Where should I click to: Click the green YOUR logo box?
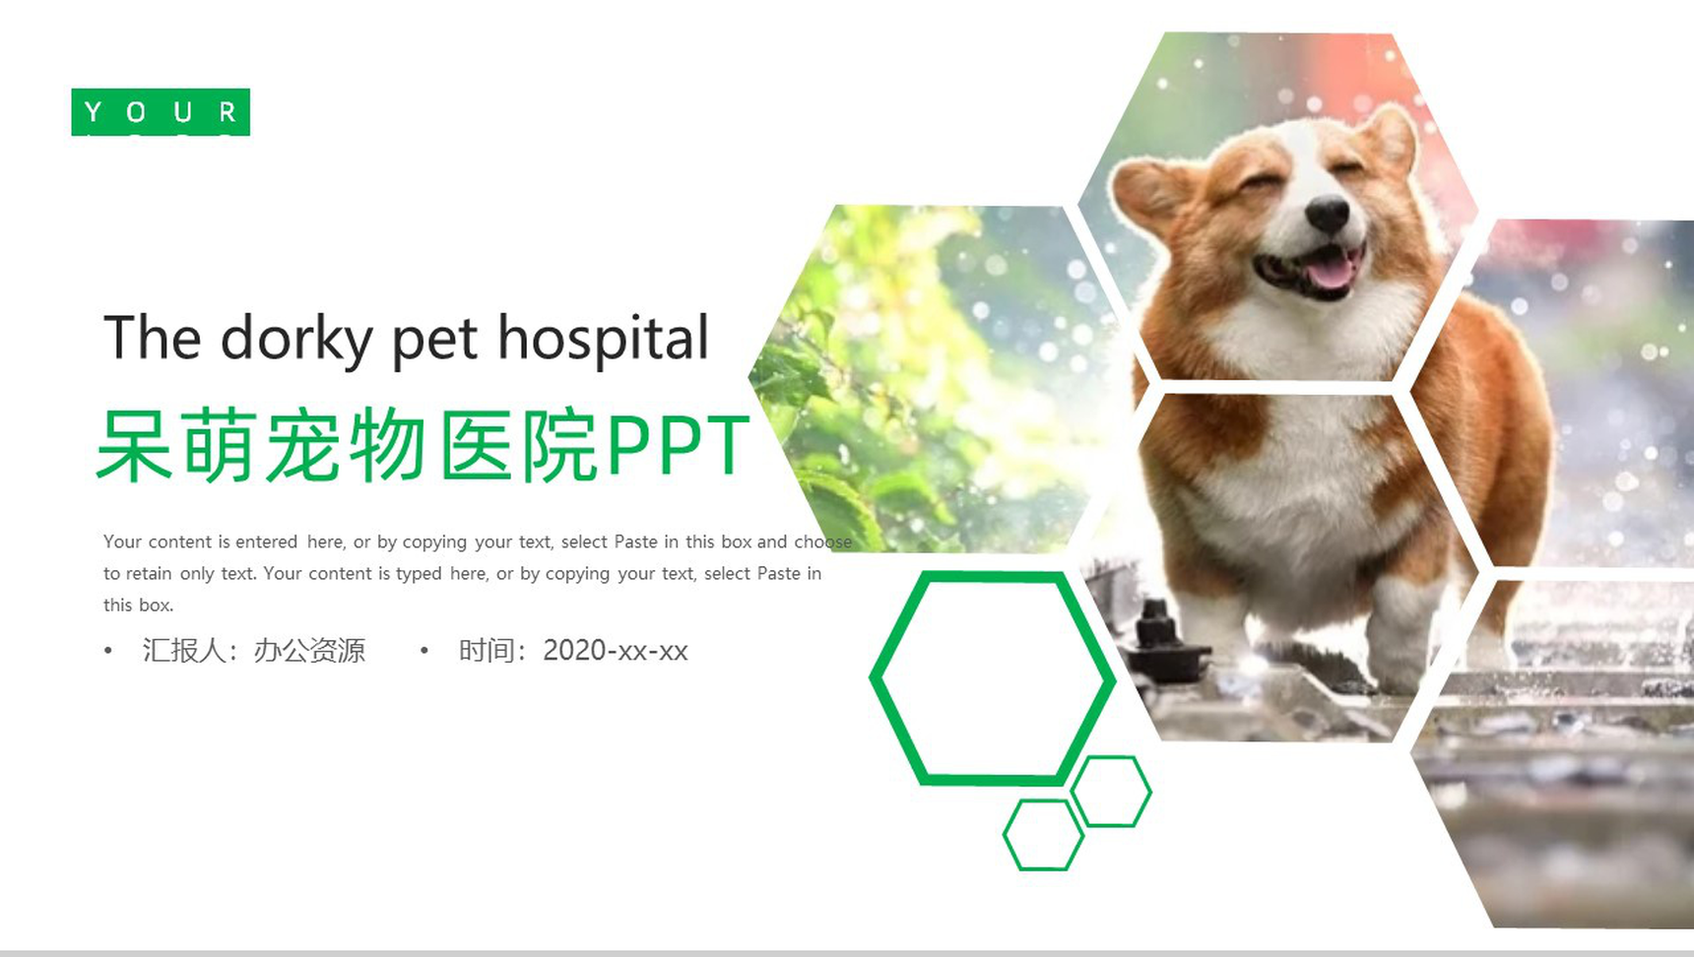[x=161, y=112]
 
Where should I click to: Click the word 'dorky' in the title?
[x=295, y=340]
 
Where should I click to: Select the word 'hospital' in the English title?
[x=603, y=338]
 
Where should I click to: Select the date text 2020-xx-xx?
[x=615, y=651]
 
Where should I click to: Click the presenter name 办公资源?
[x=309, y=651]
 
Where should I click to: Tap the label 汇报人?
[x=184, y=651]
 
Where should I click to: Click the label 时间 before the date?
[x=488, y=651]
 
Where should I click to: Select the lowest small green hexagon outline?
[x=1043, y=835]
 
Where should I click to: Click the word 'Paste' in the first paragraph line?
[x=635, y=542]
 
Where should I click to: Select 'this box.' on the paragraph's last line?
[x=138, y=606]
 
